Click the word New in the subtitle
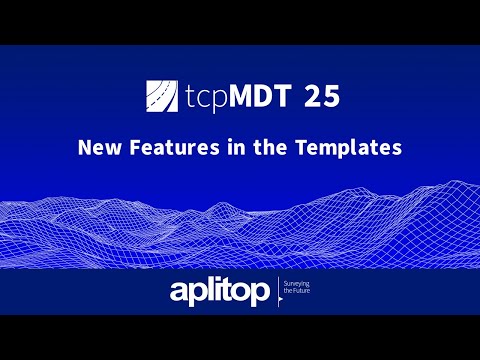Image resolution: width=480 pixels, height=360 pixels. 99,148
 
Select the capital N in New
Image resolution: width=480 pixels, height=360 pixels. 84,148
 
